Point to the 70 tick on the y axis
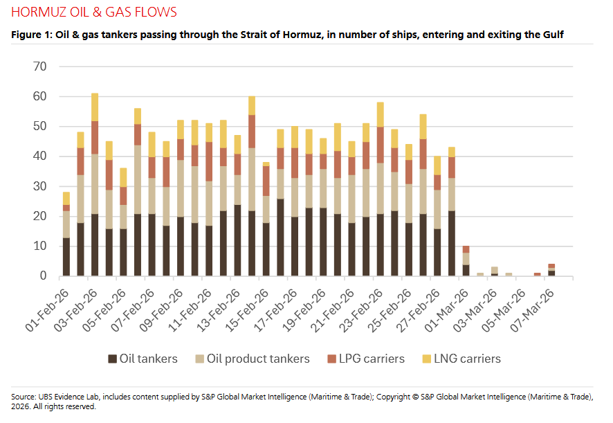[x=39, y=66]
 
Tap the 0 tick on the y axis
[x=43, y=276]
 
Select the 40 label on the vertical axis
[x=39, y=156]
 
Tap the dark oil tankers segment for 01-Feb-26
[x=66, y=257]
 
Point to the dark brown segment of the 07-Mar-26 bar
[x=551, y=273]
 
